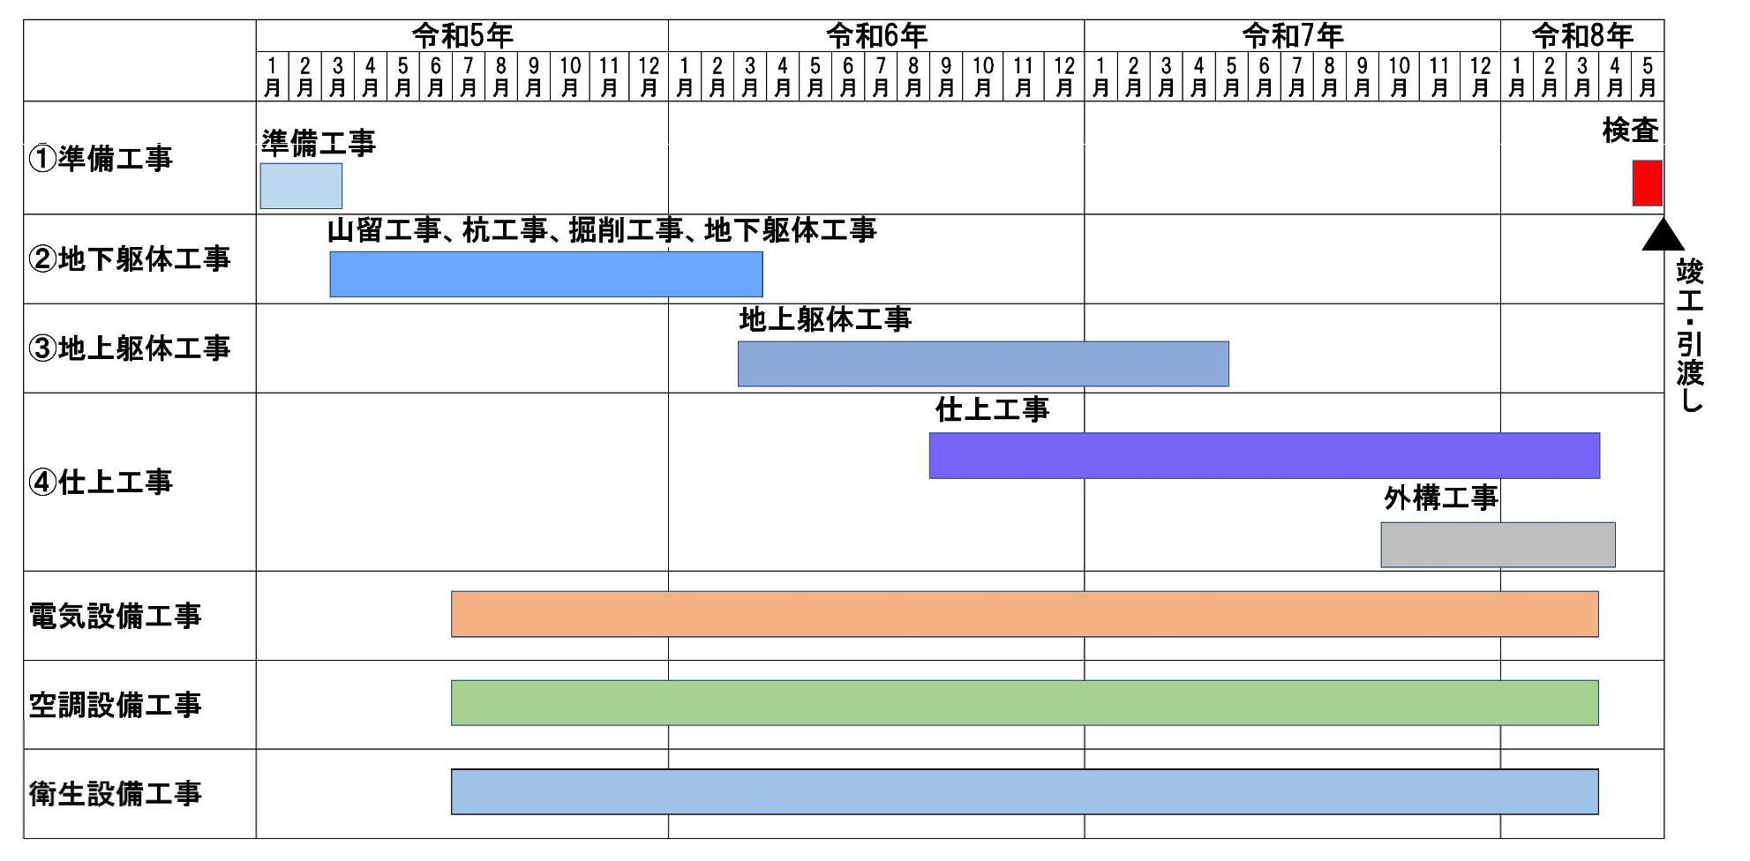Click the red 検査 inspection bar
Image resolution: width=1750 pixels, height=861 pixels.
(x=1647, y=183)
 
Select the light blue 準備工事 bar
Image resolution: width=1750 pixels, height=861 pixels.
(x=301, y=186)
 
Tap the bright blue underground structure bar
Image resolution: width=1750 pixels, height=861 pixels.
(x=545, y=274)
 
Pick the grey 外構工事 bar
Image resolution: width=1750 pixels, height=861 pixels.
(x=1498, y=544)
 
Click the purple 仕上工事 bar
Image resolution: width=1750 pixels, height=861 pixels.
(x=1264, y=455)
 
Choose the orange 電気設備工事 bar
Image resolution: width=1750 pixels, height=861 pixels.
(x=1024, y=614)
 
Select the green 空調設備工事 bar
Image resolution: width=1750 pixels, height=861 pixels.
(x=1024, y=703)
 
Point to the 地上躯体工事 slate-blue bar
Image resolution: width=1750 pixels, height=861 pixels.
(x=982, y=363)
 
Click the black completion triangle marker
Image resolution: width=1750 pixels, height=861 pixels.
(x=1663, y=236)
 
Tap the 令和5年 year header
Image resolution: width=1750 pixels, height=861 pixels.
(x=462, y=36)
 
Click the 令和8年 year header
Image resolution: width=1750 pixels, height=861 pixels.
(x=1582, y=36)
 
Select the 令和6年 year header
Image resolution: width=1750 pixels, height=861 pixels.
(x=876, y=36)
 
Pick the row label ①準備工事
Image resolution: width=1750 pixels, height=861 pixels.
(x=101, y=159)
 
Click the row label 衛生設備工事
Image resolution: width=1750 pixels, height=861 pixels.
(x=115, y=794)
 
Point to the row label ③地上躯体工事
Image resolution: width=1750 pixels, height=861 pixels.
(x=129, y=348)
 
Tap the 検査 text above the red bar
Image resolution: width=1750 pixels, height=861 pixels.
(x=1630, y=131)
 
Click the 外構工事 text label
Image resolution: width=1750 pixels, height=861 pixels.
(x=1440, y=498)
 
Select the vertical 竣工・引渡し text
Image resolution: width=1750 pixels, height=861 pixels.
(x=1689, y=335)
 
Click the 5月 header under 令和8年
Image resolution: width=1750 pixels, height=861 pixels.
(x=1647, y=77)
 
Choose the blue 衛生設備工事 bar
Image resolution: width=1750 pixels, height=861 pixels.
(x=1024, y=792)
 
